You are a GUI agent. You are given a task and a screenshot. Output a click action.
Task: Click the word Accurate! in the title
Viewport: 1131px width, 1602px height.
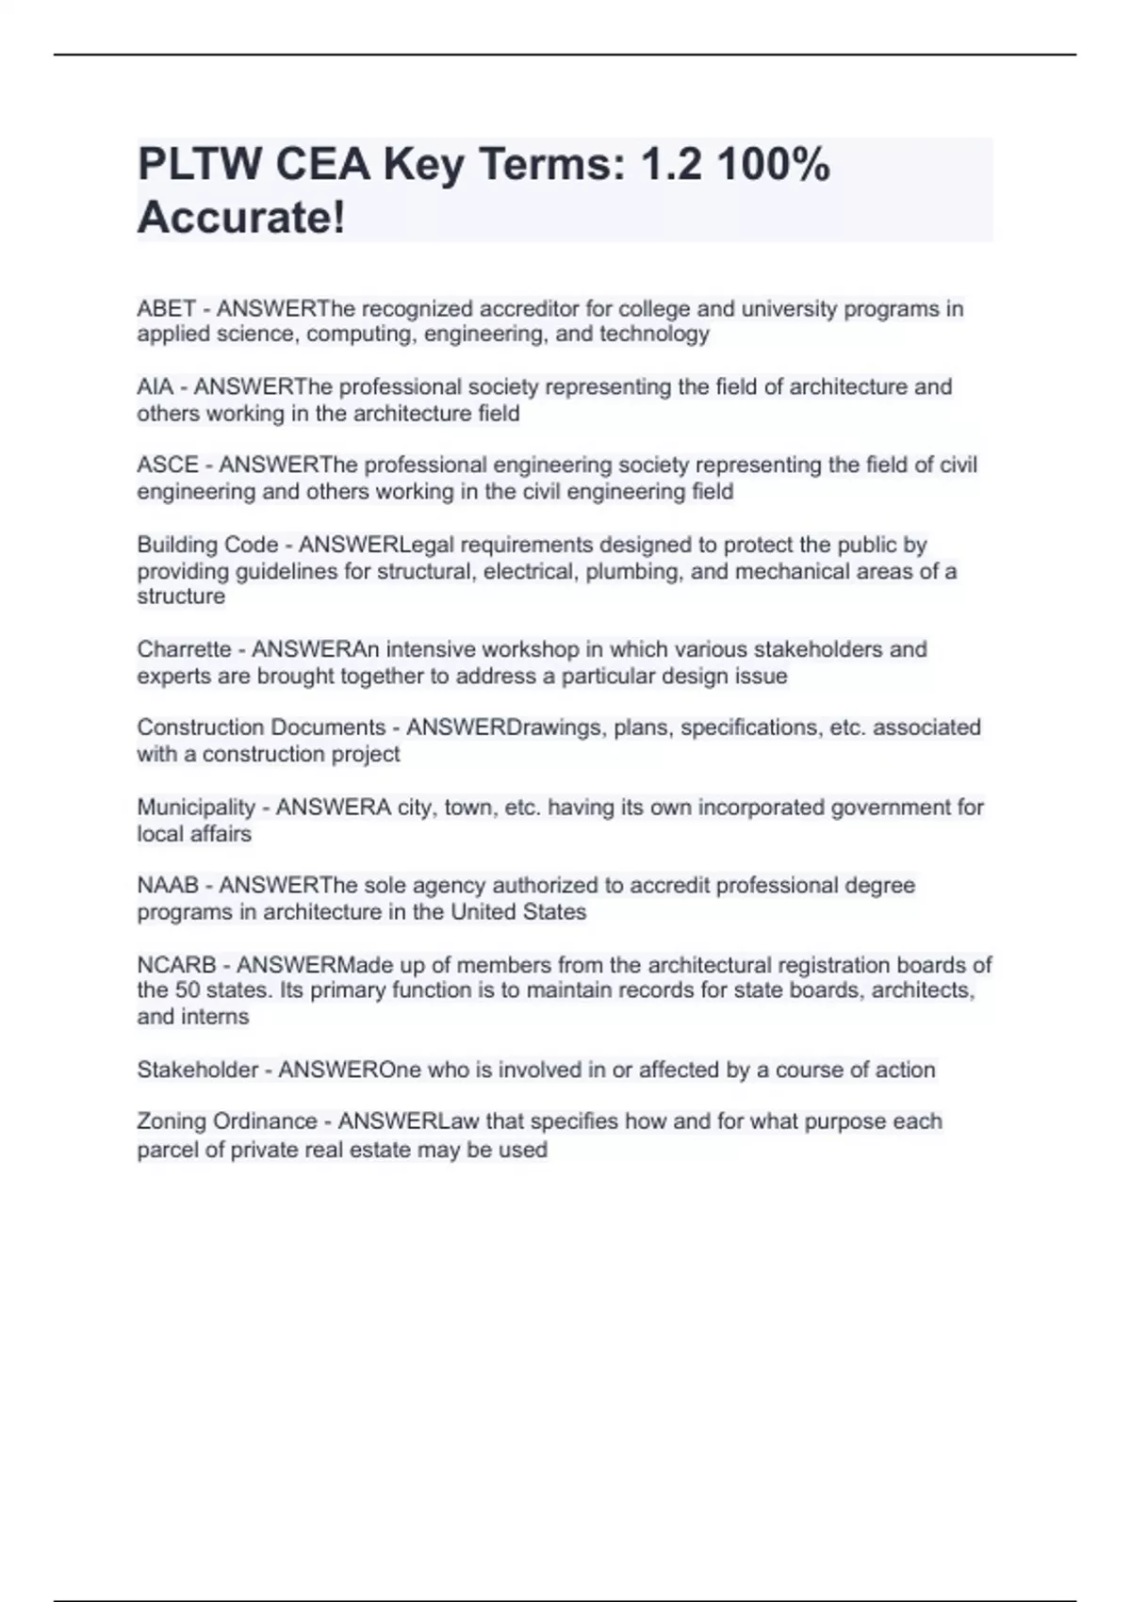(x=241, y=218)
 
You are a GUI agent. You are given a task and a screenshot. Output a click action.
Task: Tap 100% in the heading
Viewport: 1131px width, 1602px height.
(x=773, y=165)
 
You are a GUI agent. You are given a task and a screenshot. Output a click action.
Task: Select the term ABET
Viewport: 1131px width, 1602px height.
(x=166, y=309)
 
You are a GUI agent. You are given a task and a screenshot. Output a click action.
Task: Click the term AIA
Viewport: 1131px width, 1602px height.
(x=155, y=387)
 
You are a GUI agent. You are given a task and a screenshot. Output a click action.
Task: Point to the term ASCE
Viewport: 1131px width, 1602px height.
(x=168, y=466)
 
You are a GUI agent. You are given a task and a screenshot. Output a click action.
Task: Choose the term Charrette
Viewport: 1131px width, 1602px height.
(x=184, y=649)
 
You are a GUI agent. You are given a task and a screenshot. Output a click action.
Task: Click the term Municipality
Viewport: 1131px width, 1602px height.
(x=196, y=808)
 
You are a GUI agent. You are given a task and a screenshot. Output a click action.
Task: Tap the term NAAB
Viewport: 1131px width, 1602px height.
(x=168, y=886)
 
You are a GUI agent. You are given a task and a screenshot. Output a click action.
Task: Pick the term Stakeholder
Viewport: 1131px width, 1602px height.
(x=197, y=1070)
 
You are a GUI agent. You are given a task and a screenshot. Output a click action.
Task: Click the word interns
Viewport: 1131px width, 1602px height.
(x=219, y=1017)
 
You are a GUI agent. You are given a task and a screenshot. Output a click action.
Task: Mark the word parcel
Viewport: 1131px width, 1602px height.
(x=166, y=1150)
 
